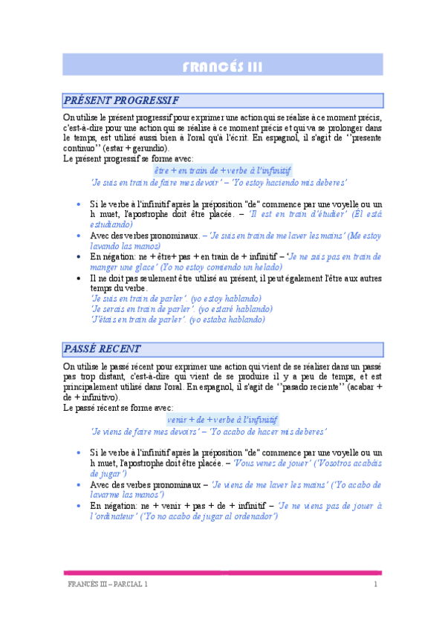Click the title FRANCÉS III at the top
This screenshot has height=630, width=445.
[x=223, y=68]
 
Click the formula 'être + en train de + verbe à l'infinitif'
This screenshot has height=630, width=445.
[x=223, y=170]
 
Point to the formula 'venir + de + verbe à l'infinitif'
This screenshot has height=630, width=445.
[x=223, y=419]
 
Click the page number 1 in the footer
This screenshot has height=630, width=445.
[x=376, y=585]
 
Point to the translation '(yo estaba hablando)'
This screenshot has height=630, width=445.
[x=225, y=320]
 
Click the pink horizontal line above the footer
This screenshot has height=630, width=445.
[x=223, y=573]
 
